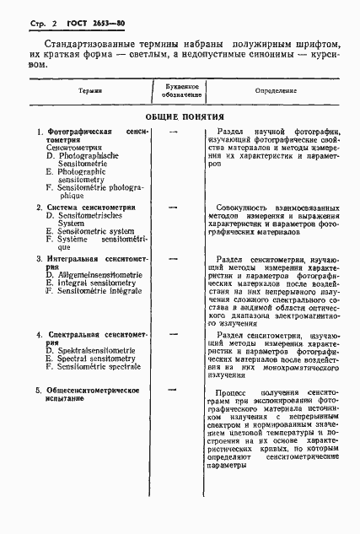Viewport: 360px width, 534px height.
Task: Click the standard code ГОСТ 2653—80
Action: click(x=85, y=19)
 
